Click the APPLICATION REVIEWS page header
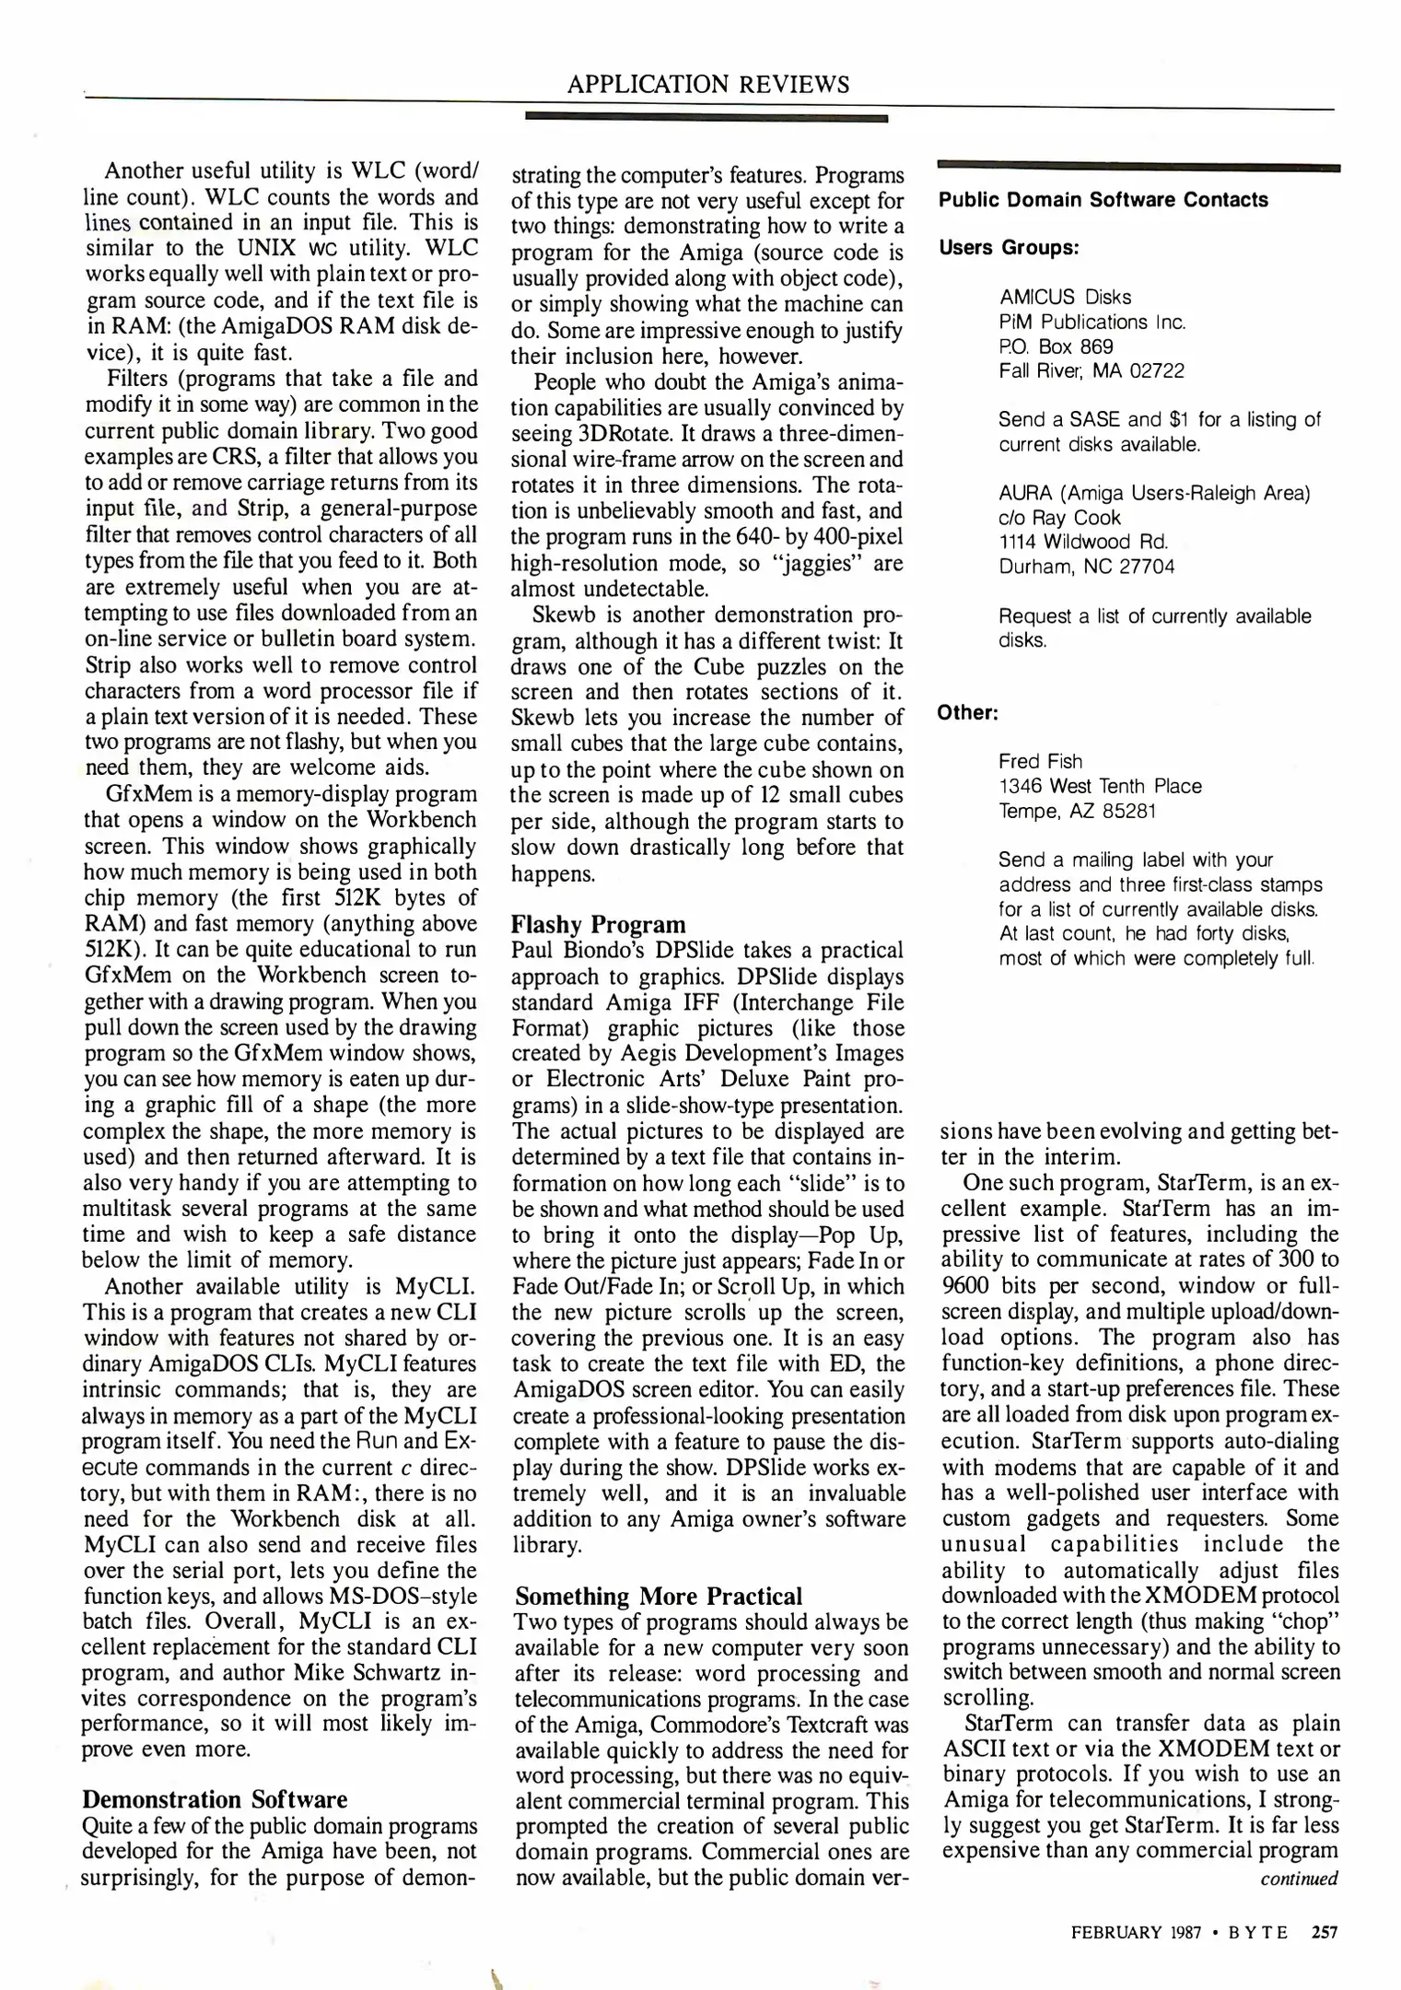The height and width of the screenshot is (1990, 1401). click(x=707, y=85)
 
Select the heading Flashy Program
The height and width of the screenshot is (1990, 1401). click(x=599, y=924)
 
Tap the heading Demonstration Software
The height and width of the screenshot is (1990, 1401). click(x=215, y=1799)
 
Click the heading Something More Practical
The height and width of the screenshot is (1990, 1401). click(x=659, y=1596)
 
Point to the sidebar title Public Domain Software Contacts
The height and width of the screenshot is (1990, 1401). click(x=1103, y=200)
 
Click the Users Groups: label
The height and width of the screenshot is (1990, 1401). click(x=1008, y=249)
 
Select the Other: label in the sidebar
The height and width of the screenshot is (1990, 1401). click(x=967, y=713)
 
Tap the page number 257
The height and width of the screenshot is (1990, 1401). click(x=1323, y=1932)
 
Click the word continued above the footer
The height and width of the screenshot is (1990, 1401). click(x=1299, y=1878)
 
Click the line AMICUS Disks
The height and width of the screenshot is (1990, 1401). click(x=1065, y=298)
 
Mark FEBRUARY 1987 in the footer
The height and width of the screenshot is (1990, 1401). click(x=1136, y=1932)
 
